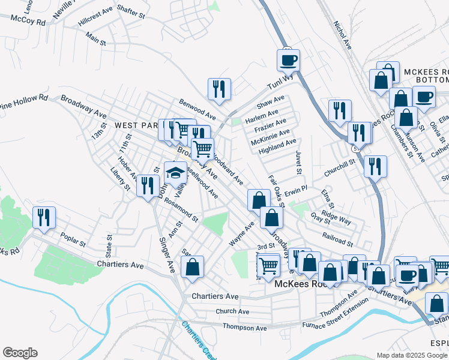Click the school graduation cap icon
[175, 172]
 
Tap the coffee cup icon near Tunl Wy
[288, 60]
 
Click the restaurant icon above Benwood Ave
[219, 89]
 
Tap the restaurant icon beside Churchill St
[375, 166]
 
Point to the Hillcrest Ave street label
[95, 19]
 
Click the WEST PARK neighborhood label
[136, 125]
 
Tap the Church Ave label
[232, 311]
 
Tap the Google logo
[20, 353]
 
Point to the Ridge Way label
[336, 217]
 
